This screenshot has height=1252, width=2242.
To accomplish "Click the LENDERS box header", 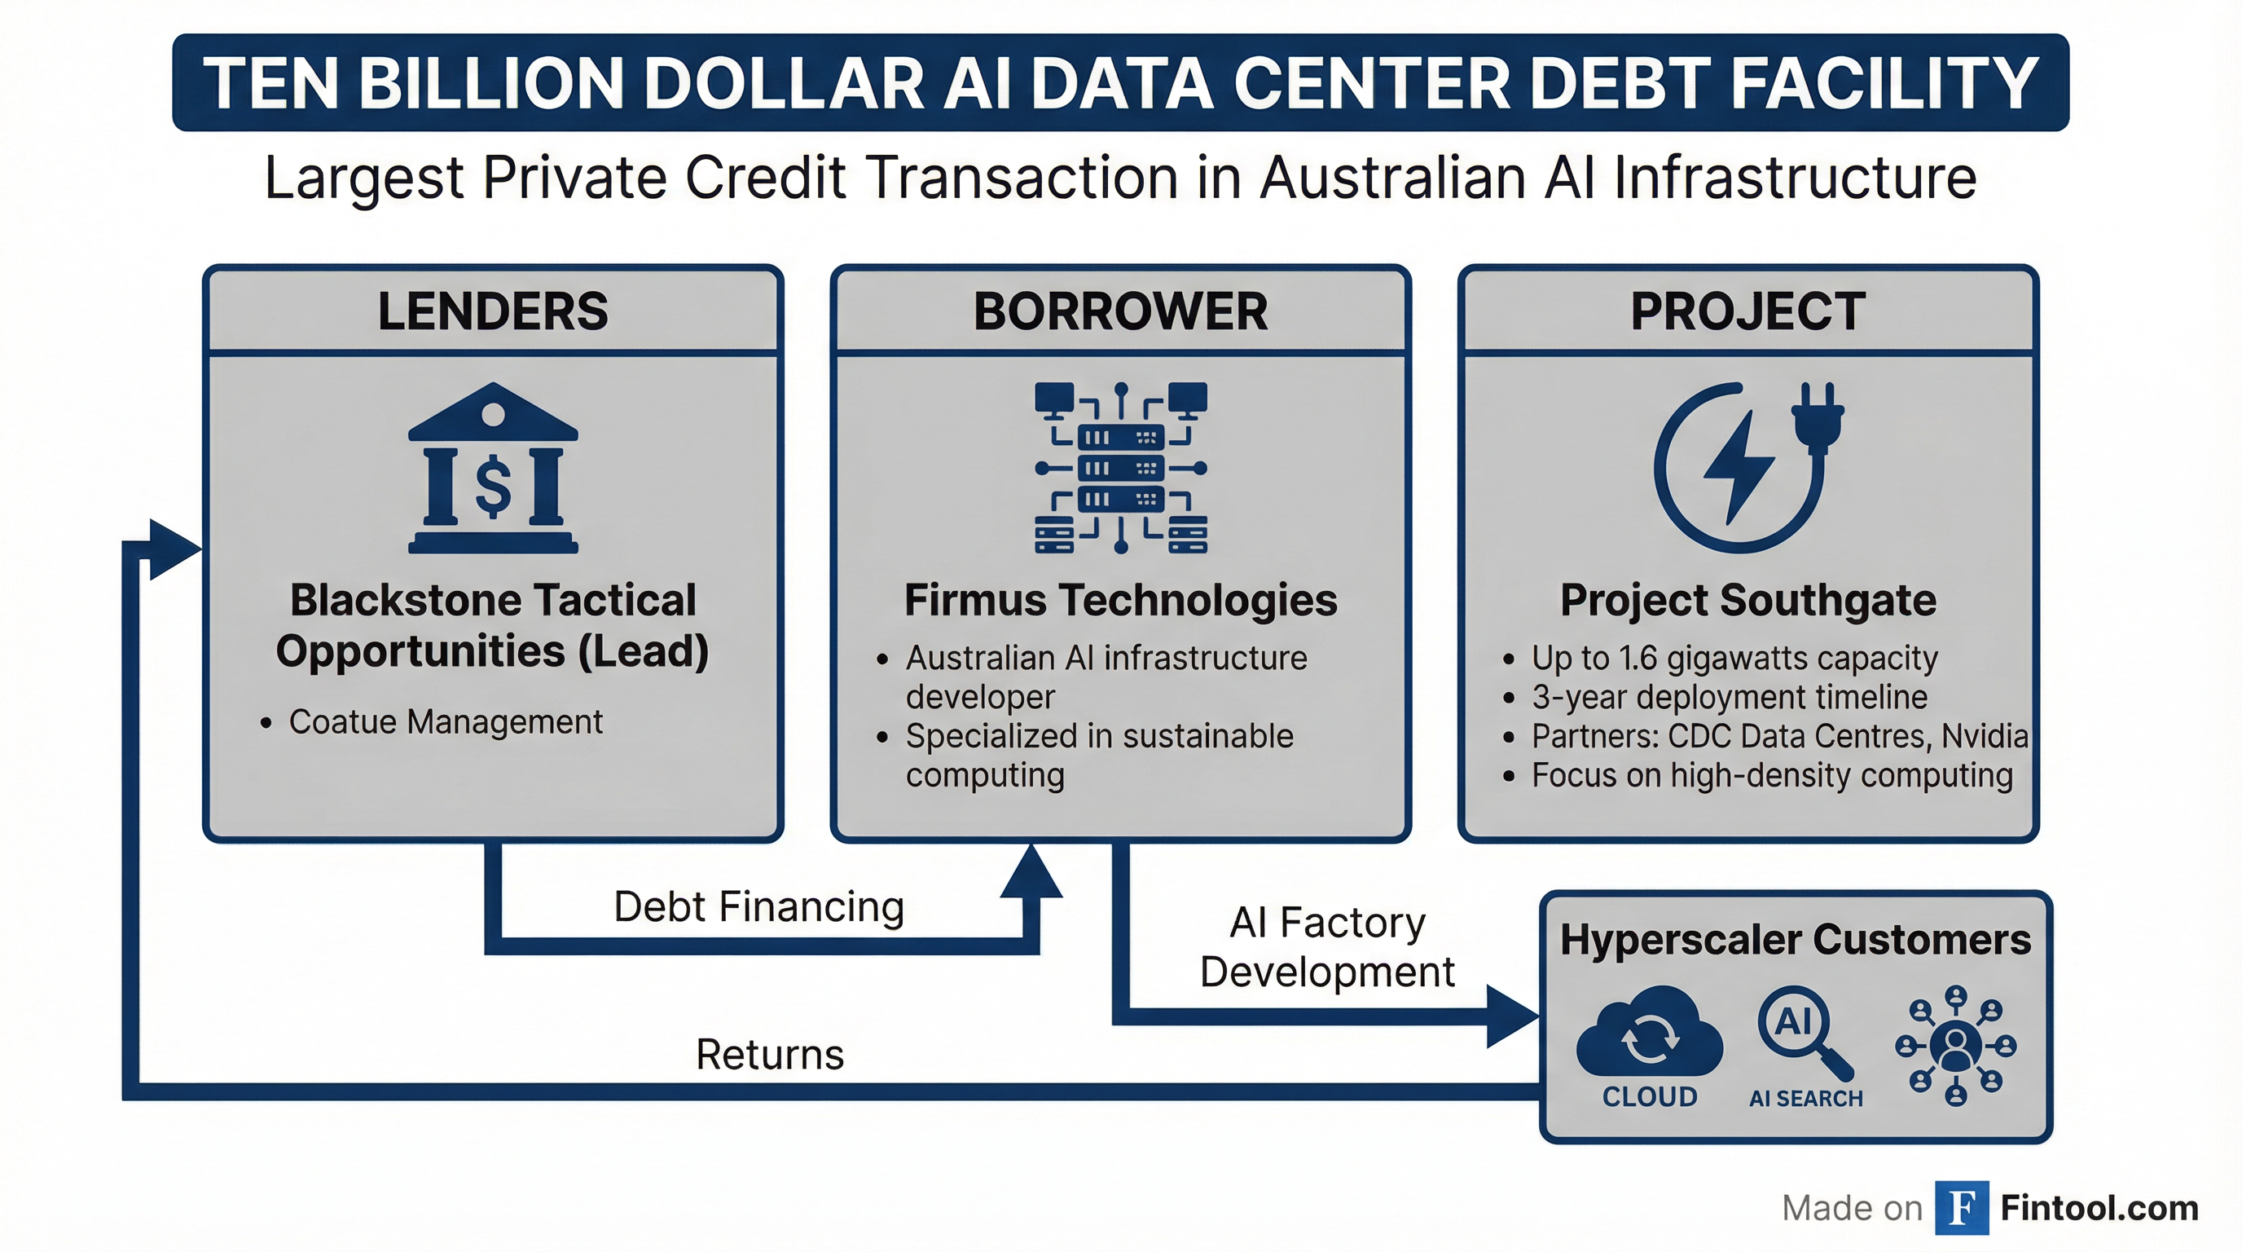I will (493, 311).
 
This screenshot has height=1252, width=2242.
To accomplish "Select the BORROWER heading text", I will (1120, 311).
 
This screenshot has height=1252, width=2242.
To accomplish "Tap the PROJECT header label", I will (1747, 311).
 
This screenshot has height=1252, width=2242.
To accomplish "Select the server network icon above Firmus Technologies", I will (1121, 468).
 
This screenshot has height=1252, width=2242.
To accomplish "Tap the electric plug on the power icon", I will (1818, 418).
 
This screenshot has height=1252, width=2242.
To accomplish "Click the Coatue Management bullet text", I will (446, 721).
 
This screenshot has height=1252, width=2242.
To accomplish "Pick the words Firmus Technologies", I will (1120, 600).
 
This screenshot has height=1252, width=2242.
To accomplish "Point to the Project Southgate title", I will (1747, 600).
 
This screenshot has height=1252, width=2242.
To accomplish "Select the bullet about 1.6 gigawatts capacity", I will (1734, 659).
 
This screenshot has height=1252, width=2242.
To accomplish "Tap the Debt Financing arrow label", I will (759, 906).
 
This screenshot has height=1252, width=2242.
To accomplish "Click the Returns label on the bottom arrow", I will (769, 1055).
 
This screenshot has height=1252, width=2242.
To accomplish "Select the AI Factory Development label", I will (1327, 946).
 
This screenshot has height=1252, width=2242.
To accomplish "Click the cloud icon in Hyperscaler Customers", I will (1649, 1034).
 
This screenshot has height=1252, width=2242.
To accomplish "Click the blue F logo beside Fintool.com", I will (1962, 1208).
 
